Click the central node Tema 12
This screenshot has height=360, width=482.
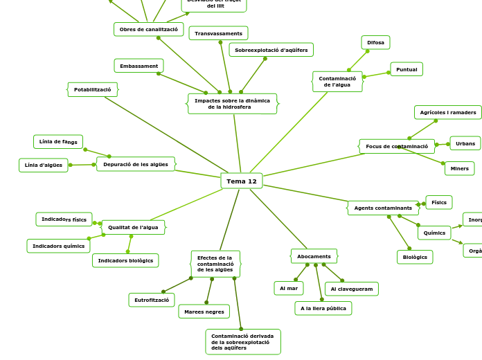click(x=241, y=181)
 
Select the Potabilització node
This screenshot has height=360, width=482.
click(x=93, y=90)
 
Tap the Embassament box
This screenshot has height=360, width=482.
click(x=139, y=66)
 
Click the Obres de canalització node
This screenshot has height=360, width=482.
click(x=148, y=29)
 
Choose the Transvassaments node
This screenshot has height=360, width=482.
click(x=218, y=33)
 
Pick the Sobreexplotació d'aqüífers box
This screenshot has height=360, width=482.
click(x=271, y=50)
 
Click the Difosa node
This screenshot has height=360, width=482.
click(x=375, y=43)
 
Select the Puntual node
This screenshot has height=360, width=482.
click(x=407, y=69)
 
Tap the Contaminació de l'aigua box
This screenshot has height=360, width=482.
click(x=337, y=82)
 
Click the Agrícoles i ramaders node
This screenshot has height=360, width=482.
click(x=447, y=112)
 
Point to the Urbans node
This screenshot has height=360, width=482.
click(x=465, y=143)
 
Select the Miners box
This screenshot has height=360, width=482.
click(x=459, y=168)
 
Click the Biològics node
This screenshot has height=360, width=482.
click(x=415, y=257)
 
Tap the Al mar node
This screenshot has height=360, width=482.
click(x=288, y=288)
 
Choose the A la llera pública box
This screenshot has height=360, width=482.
click(x=323, y=308)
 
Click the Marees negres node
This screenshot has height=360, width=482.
click(x=204, y=312)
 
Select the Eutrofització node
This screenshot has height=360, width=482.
click(x=151, y=300)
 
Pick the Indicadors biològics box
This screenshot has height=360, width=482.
click(x=125, y=260)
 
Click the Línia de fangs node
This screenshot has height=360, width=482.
click(x=58, y=142)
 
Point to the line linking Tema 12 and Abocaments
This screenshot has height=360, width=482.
click(x=277, y=218)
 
